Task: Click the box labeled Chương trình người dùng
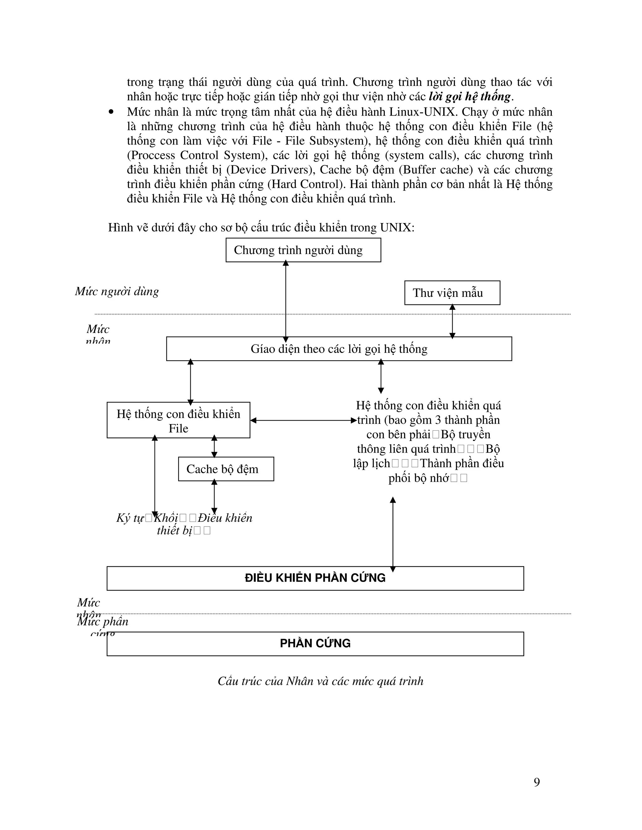tap(303, 250)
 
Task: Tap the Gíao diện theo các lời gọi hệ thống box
tap(339, 349)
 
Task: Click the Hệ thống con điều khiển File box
tap(178, 420)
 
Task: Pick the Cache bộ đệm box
tap(226, 469)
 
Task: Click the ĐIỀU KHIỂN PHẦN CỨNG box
tap(315, 578)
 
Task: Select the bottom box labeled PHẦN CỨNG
tap(315, 643)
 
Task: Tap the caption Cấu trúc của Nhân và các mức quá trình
tap(320, 681)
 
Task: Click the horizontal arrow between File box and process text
tap(303, 420)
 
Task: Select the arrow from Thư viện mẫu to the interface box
tap(452, 321)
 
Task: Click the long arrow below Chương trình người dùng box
tap(286, 300)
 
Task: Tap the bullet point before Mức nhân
tap(111, 112)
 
